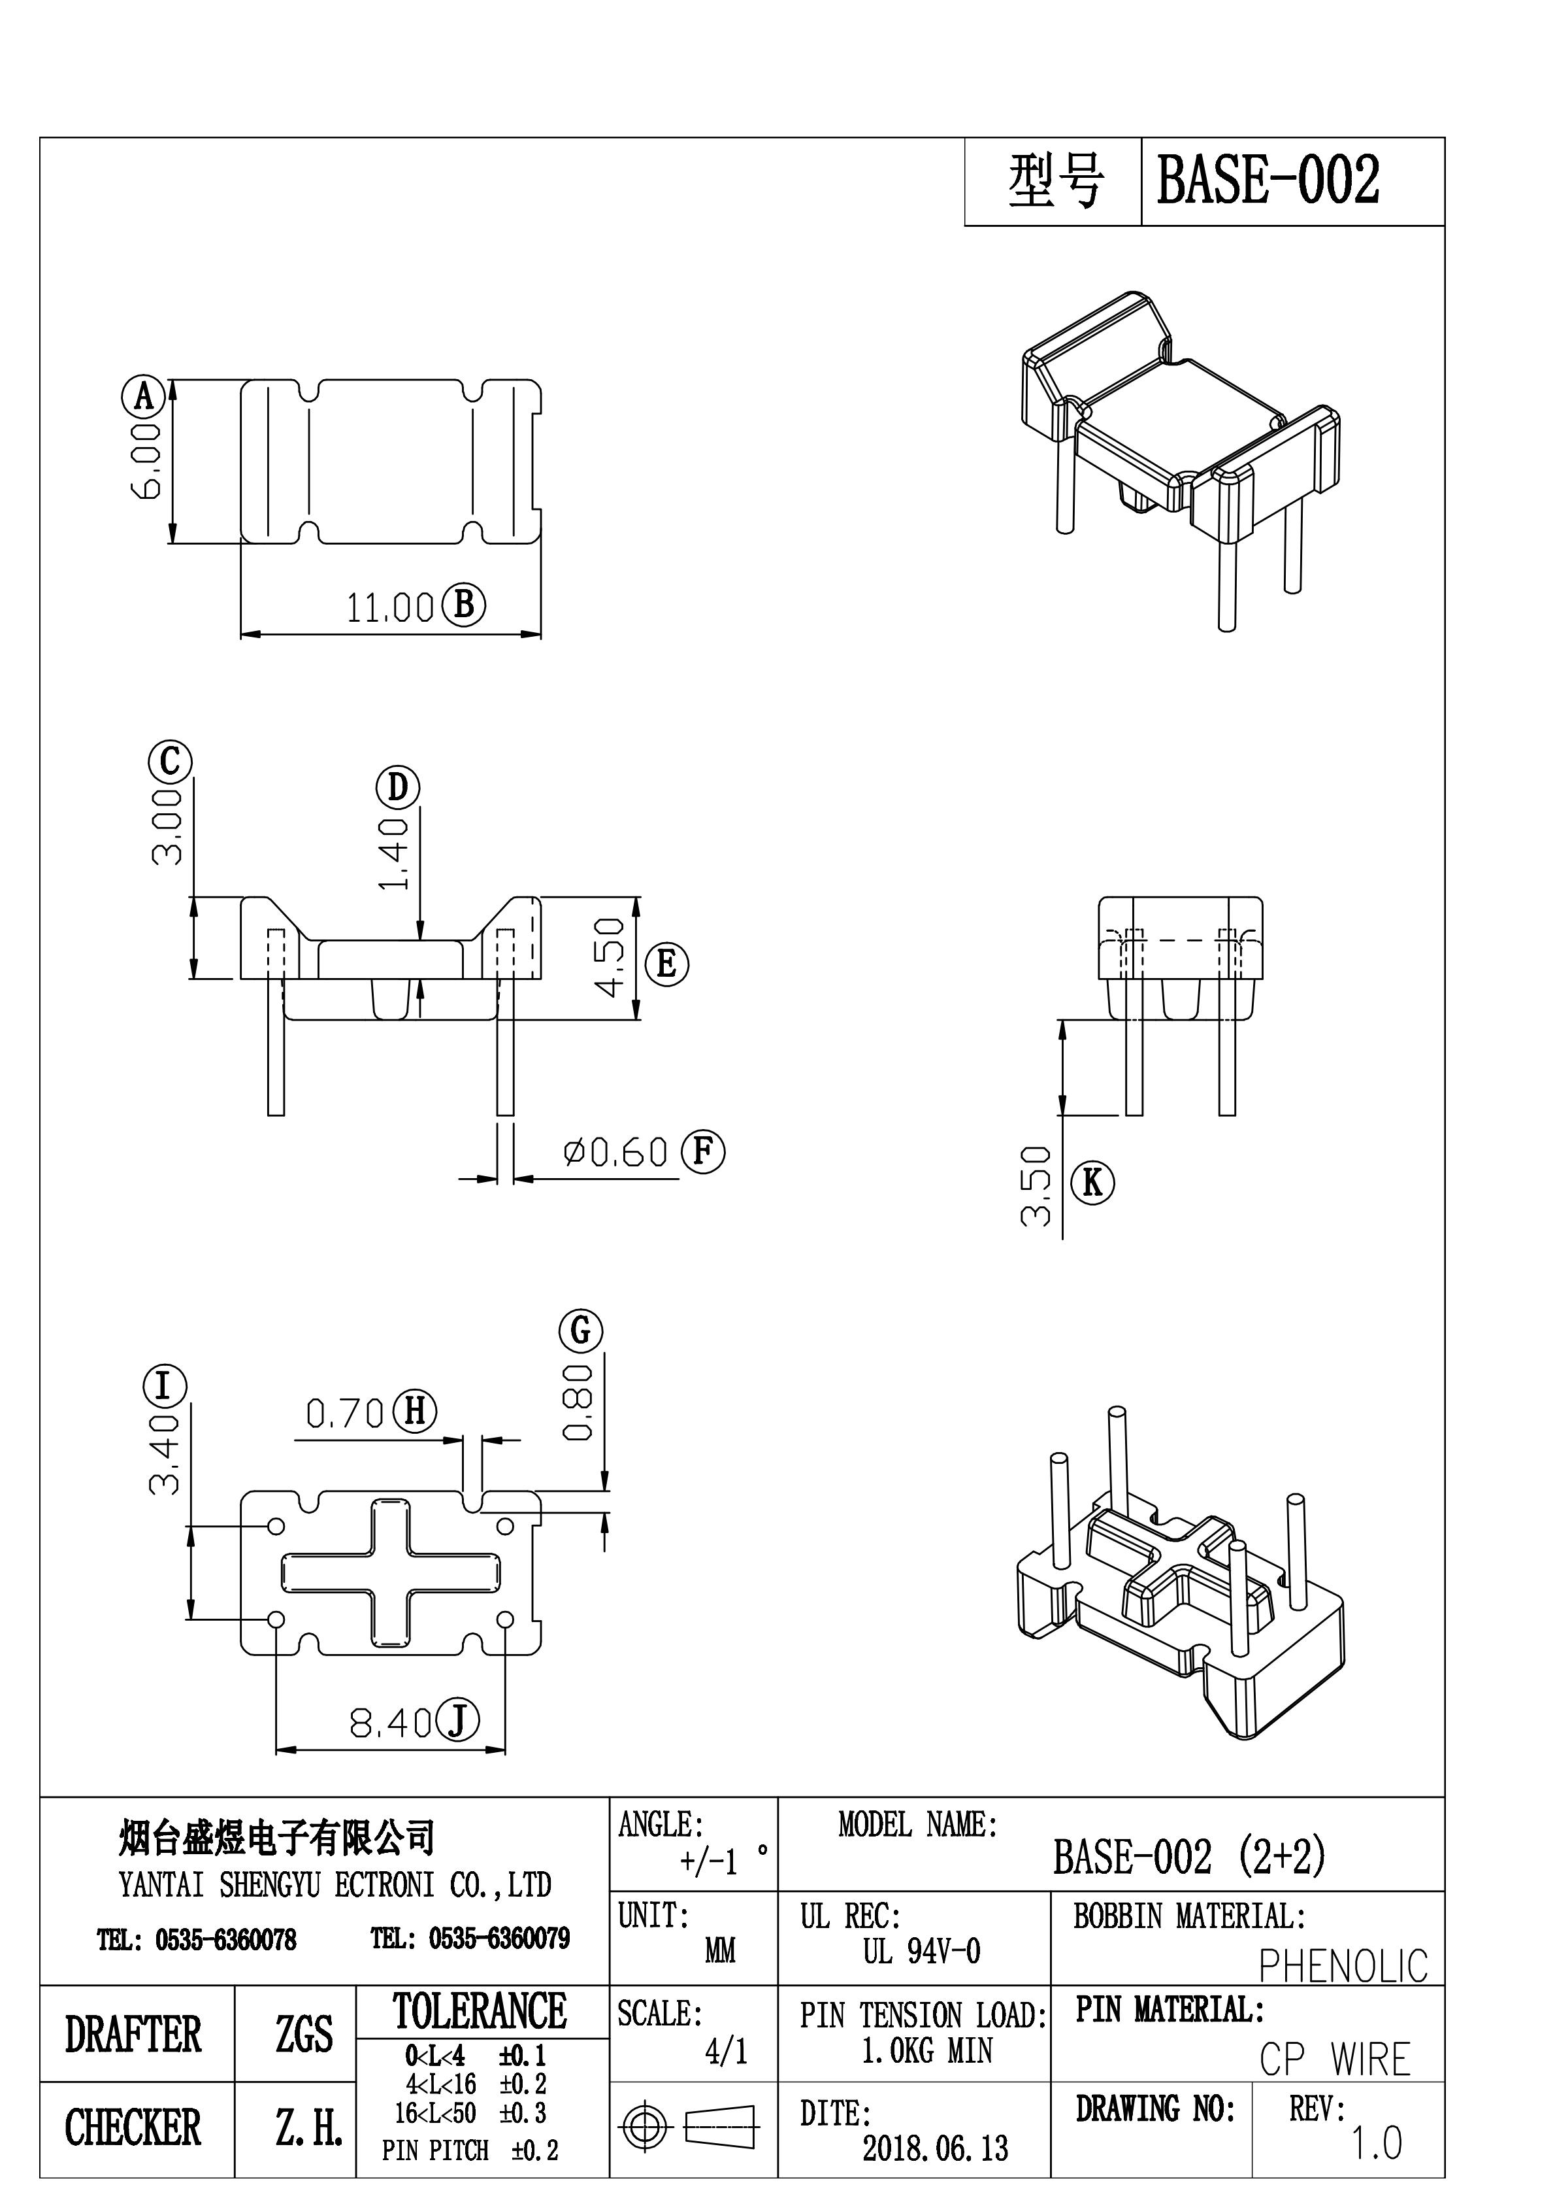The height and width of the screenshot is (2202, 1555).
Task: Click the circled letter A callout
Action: pyautogui.click(x=144, y=396)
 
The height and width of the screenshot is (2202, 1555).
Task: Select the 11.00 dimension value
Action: pyautogui.click(x=390, y=608)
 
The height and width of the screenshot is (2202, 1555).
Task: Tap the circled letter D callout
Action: pyautogui.click(x=397, y=787)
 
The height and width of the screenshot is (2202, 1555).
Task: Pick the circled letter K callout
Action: pyautogui.click(x=1093, y=1183)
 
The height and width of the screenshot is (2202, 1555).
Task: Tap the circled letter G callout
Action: pyautogui.click(x=581, y=1330)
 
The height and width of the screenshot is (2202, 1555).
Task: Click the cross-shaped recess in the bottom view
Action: pyautogui.click(x=390, y=1573)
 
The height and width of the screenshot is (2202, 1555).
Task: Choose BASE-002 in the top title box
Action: pyautogui.click(x=1268, y=181)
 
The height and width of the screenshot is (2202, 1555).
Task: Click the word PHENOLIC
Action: pyautogui.click(x=1342, y=1965)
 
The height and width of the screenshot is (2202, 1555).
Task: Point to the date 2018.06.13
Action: pyautogui.click(x=935, y=2148)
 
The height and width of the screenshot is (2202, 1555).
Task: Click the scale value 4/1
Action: pyautogui.click(x=726, y=2052)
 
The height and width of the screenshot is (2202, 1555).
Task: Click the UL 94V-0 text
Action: pyautogui.click(x=921, y=1952)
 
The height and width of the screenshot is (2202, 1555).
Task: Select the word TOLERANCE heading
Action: pyautogui.click(x=480, y=2010)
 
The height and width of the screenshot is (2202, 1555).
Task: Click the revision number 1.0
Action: pyautogui.click(x=1377, y=2144)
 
